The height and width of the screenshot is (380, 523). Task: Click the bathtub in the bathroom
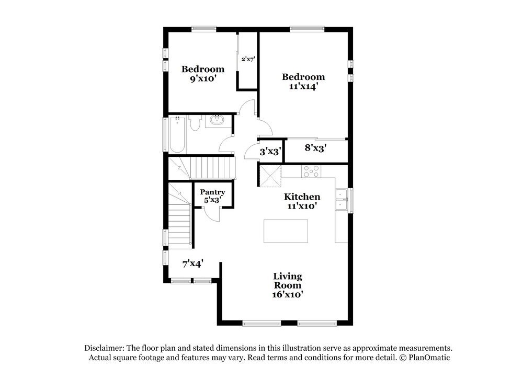177,134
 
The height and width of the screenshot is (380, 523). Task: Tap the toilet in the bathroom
194,123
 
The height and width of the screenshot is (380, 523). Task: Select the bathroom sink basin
217,120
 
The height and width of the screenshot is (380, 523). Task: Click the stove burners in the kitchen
311,171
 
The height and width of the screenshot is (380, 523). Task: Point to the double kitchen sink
341,200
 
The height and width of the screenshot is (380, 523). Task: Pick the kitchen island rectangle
286,231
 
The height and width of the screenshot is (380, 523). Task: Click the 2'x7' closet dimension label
248,60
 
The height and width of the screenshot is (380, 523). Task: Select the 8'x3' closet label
315,148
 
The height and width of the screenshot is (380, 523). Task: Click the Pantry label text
212,192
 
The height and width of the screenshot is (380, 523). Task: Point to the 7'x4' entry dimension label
193,264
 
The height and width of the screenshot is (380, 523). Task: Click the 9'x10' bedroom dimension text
203,79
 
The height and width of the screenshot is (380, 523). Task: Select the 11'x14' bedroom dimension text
303,86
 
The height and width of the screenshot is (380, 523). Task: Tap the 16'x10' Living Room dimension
288,295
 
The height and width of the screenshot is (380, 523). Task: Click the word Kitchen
302,197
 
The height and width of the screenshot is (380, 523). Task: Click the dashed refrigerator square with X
270,176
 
